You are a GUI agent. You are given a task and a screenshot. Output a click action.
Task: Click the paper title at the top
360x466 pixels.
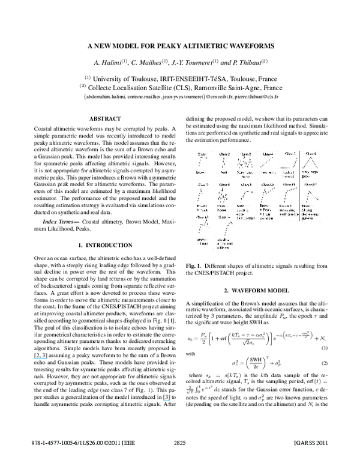tap(180, 46)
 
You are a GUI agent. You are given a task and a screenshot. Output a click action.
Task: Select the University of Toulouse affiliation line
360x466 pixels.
tap(180, 77)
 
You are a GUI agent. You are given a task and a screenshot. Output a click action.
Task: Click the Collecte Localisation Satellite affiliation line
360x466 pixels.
tap(180, 86)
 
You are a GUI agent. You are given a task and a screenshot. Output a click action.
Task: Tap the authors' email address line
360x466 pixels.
tap(180, 96)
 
